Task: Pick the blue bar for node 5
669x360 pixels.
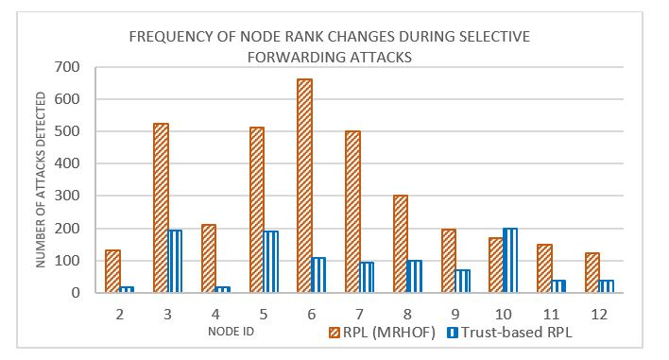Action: click(x=271, y=262)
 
